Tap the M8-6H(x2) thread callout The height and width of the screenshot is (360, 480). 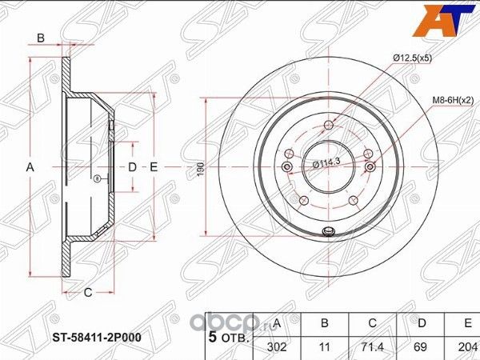pyautogui.click(x=454, y=100)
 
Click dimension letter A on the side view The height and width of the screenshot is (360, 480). pyautogui.click(x=30, y=167)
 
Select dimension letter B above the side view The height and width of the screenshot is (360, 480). pyautogui.click(x=40, y=38)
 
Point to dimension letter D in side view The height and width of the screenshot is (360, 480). pyautogui.click(x=133, y=166)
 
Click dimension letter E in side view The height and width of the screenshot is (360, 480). pyautogui.click(x=153, y=166)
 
